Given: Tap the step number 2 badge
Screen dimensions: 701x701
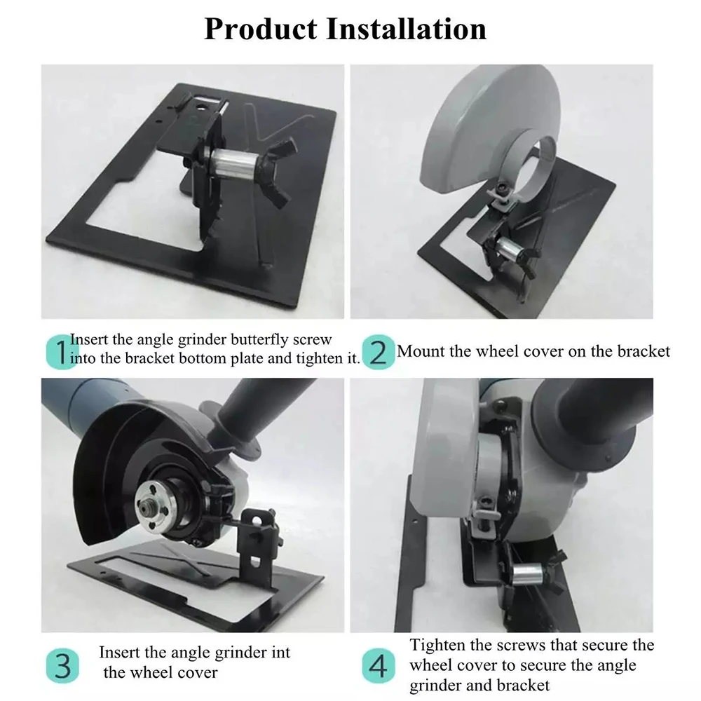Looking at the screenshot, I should point(377,352).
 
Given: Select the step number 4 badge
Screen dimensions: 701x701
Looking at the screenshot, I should point(377,664).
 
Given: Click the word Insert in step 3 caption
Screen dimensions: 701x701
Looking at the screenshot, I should point(123,653).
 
